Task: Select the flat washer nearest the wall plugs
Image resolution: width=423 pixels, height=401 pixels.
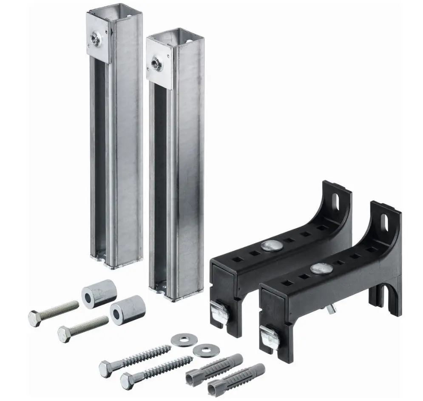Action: pos(202,350)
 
